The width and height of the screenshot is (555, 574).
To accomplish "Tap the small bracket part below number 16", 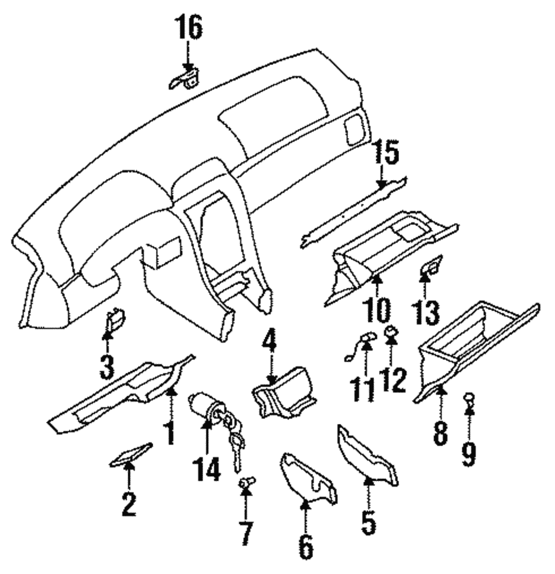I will (x=185, y=79).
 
